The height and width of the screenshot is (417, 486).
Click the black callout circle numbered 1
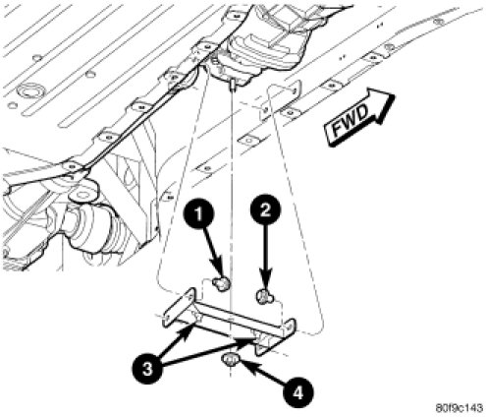click(x=198, y=214)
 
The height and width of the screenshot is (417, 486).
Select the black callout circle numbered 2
click(x=265, y=209)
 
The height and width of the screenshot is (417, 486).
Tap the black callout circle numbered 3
click(x=147, y=370)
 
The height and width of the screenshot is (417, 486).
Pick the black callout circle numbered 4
click(x=298, y=393)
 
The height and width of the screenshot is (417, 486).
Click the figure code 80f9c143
click(x=459, y=408)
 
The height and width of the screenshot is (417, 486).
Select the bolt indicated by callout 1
click(x=222, y=282)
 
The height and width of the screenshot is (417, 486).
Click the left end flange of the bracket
click(x=179, y=307)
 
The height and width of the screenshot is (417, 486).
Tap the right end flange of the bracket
click(x=276, y=337)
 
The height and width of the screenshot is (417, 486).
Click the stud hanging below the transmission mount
click(x=232, y=86)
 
